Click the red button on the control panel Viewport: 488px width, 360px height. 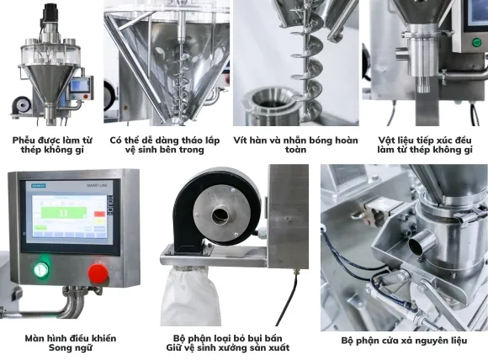98,273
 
